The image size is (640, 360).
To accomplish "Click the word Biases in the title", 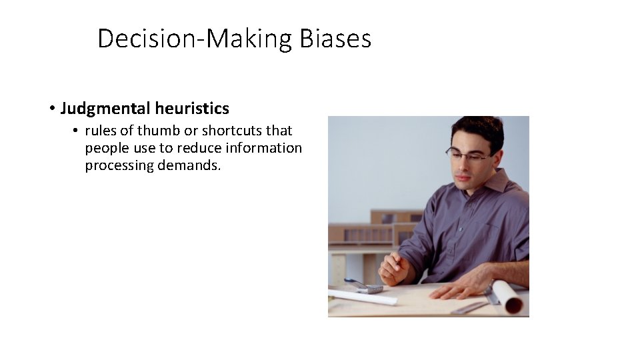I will [x=335, y=39].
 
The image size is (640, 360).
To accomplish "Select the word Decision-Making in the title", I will [x=195, y=39].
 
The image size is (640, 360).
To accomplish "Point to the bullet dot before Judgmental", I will [x=51, y=108].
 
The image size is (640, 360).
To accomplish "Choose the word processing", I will [x=119, y=165].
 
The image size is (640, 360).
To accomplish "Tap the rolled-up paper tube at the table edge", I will [x=508, y=297].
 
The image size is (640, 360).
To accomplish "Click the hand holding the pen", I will [x=395, y=267].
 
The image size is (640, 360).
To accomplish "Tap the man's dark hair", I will [x=477, y=127].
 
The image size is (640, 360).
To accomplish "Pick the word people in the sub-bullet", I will [x=104, y=148].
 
